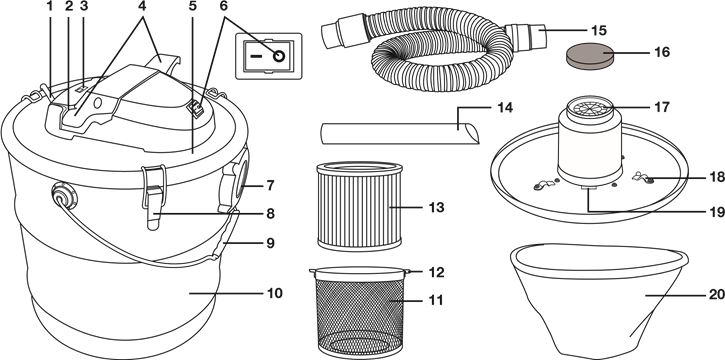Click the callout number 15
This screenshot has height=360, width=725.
[599, 31]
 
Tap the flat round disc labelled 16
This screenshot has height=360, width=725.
[589, 55]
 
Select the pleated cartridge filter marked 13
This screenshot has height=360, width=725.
[359, 207]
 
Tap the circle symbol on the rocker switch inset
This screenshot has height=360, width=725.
[279, 56]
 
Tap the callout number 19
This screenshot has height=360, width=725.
[717, 212]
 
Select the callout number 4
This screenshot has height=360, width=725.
[142, 6]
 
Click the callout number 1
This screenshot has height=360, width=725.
[49, 6]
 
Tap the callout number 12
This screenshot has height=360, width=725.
[436, 272]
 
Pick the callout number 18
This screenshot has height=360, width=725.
[717, 177]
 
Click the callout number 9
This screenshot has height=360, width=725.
[270, 243]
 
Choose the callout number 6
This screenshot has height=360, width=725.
[224, 6]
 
